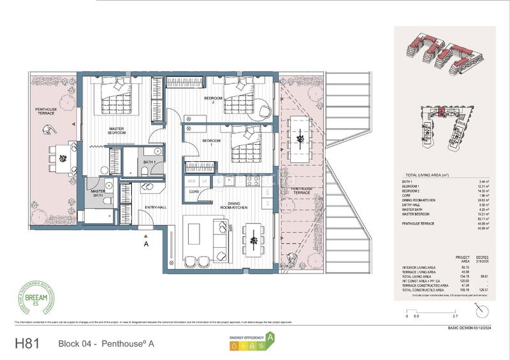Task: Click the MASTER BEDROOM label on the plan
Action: click(x=116, y=131)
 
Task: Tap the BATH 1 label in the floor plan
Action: click(x=149, y=163)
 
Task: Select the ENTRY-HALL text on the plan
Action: click(x=156, y=207)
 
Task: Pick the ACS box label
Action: click(x=191, y=180)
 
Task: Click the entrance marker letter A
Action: click(x=146, y=243)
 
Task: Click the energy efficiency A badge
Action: click(x=270, y=338)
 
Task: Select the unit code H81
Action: click(x=27, y=344)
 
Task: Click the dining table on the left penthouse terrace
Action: click(x=61, y=154)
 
